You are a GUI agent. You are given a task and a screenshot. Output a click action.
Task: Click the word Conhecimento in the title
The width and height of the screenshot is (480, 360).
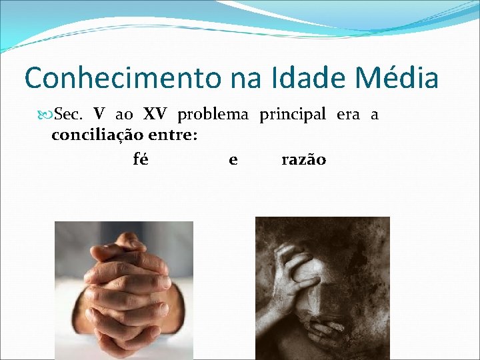pyautogui.click(x=123, y=78)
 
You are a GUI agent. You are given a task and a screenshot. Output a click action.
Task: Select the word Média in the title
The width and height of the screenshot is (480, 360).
pyautogui.click(x=397, y=78)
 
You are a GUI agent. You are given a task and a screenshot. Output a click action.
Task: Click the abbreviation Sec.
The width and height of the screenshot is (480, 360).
pyautogui.click(x=68, y=115)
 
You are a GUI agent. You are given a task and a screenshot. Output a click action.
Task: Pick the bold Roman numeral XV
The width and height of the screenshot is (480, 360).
pyautogui.click(x=155, y=115)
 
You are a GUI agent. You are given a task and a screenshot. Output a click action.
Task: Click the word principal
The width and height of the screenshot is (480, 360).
pyautogui.click(x=293, y=115)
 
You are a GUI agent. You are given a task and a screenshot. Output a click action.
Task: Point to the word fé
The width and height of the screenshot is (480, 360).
pyautogui.click(x=141, y=160)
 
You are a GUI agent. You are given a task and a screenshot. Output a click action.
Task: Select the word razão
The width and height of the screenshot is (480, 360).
pyautogui.click(x=303, y=160)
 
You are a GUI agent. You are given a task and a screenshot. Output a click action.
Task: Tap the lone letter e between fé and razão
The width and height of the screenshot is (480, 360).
pyautogui.click(x=233, y=160)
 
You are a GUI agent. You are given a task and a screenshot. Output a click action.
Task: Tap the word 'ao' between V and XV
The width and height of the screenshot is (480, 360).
pyautogui.click(x=124, y=115)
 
